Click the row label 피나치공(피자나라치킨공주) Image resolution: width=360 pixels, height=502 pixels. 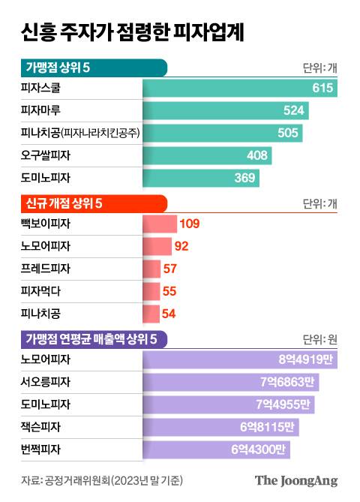[82, 134]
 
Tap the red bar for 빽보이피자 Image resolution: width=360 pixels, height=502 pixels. [159, 224]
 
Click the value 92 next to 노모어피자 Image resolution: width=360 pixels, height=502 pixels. [181, 246]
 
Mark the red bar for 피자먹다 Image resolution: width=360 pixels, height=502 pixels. [151, 291]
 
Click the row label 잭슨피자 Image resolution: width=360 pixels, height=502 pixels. [46, 428]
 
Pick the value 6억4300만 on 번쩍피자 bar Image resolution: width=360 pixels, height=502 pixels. [263, 450]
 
